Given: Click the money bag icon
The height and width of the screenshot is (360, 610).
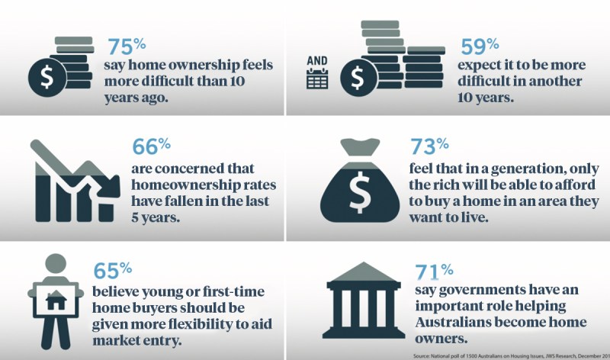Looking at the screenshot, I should pos(357,183).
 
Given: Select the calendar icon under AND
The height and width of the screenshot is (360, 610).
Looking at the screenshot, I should pos(317,78).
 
